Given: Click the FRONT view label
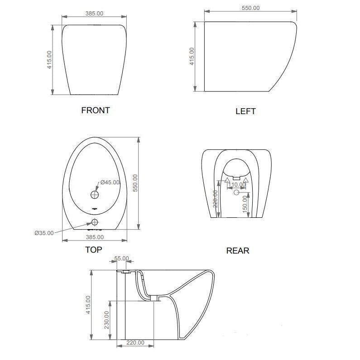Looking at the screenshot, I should pyautogui.click(x=95, y=110).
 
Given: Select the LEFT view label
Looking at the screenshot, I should pyautogui.click(x=245, y=111).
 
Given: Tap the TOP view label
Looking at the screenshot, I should pyautogui.click(x=93, y=250).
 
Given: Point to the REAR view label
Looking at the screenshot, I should pyautogui.click(x=237, y=250).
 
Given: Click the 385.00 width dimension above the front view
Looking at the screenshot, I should pyautogui.click(x=94, y=14).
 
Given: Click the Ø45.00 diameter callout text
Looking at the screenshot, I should pyautogui.click(x=110, y=182).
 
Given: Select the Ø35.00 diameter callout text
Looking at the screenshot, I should pyautogui.click(x=44, y=233).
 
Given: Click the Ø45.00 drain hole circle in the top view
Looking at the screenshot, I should pyautogui.click(x=95, y=195).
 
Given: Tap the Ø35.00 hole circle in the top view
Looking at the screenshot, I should pyautogui.click(x=95, y=222).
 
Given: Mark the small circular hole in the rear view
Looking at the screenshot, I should pyautogui.click(x=235, y=193).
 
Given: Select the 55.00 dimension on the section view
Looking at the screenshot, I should pyautogui.click(x=121, y=259).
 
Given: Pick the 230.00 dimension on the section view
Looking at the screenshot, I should pyautogui.click(x=106, y=319).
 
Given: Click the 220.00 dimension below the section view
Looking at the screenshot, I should pyautogui.click(x=135, y=343).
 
